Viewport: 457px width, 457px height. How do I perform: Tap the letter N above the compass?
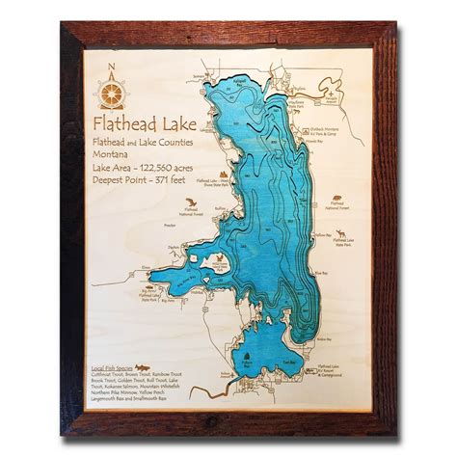point(113,67)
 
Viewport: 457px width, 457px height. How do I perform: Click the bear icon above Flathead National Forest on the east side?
point(336,202)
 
